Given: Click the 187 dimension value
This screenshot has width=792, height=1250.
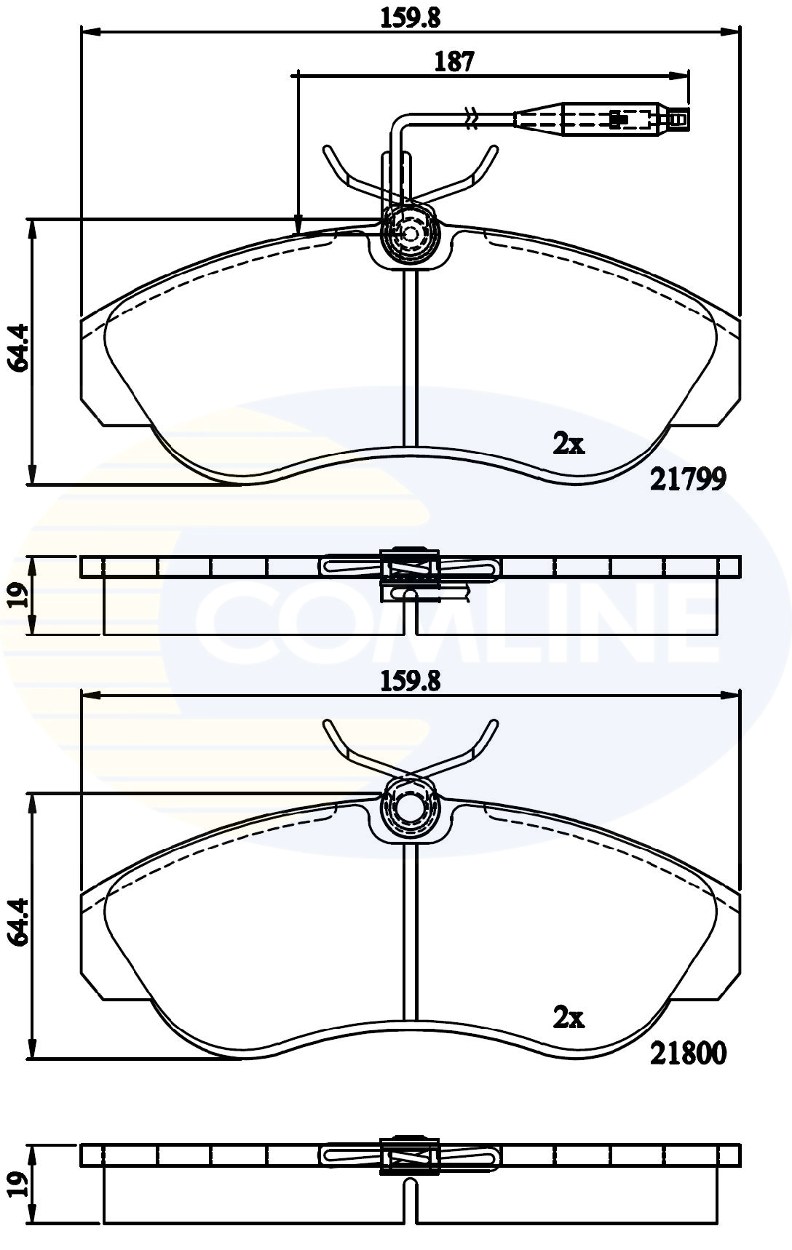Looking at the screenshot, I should [x=454, y=61].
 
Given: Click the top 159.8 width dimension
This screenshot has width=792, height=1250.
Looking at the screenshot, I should [x=411, y=16].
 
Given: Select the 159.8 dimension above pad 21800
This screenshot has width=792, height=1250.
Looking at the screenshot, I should [x=411, y=681].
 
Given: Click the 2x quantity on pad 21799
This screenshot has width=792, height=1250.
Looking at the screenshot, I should [x=569, y=443].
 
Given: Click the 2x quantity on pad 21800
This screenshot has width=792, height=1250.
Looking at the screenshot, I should [x=569, y=1018].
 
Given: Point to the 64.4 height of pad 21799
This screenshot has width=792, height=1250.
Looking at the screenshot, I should [x=18, y=348].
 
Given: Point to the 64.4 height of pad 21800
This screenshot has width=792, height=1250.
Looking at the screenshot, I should [x=18, y=922].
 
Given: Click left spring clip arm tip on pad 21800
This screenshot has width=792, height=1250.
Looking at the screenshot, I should [x=327, y=726].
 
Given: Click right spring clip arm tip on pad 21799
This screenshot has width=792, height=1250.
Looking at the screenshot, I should [x=495, y=151].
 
